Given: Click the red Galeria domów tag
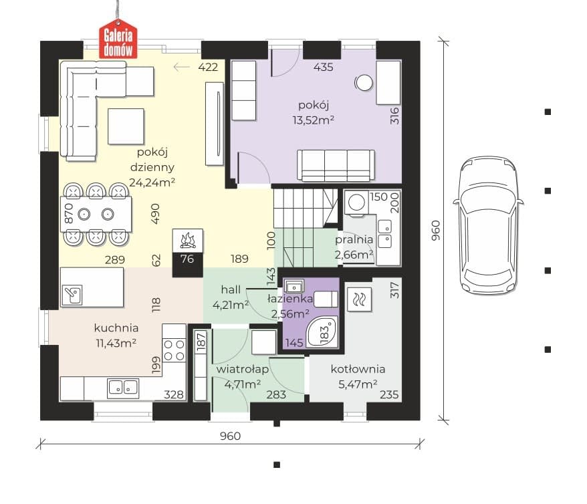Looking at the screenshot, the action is point(118,40).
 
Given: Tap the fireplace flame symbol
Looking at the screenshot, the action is point(188,241).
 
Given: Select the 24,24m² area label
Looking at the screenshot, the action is point(152,182).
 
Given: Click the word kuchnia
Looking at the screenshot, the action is point(116,328).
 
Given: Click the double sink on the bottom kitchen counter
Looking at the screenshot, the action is point(123,388).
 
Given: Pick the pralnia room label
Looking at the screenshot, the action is point(354,240).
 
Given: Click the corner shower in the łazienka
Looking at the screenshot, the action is point(322,331).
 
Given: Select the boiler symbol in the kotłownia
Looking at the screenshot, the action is point(360,299).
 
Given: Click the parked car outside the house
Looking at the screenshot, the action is point(488,226).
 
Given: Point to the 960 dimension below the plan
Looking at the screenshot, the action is point(230,436).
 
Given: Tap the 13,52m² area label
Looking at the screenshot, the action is point(313,120).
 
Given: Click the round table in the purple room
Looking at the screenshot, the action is point(364,83).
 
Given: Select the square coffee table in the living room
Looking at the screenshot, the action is point(126,126).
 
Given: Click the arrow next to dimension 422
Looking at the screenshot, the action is point(182,67).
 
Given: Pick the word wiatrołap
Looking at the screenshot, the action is point(243,369).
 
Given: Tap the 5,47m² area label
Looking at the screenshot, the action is point(358,384).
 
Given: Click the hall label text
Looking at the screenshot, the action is point(231,289).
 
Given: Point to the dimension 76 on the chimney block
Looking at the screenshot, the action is point(187,259).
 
